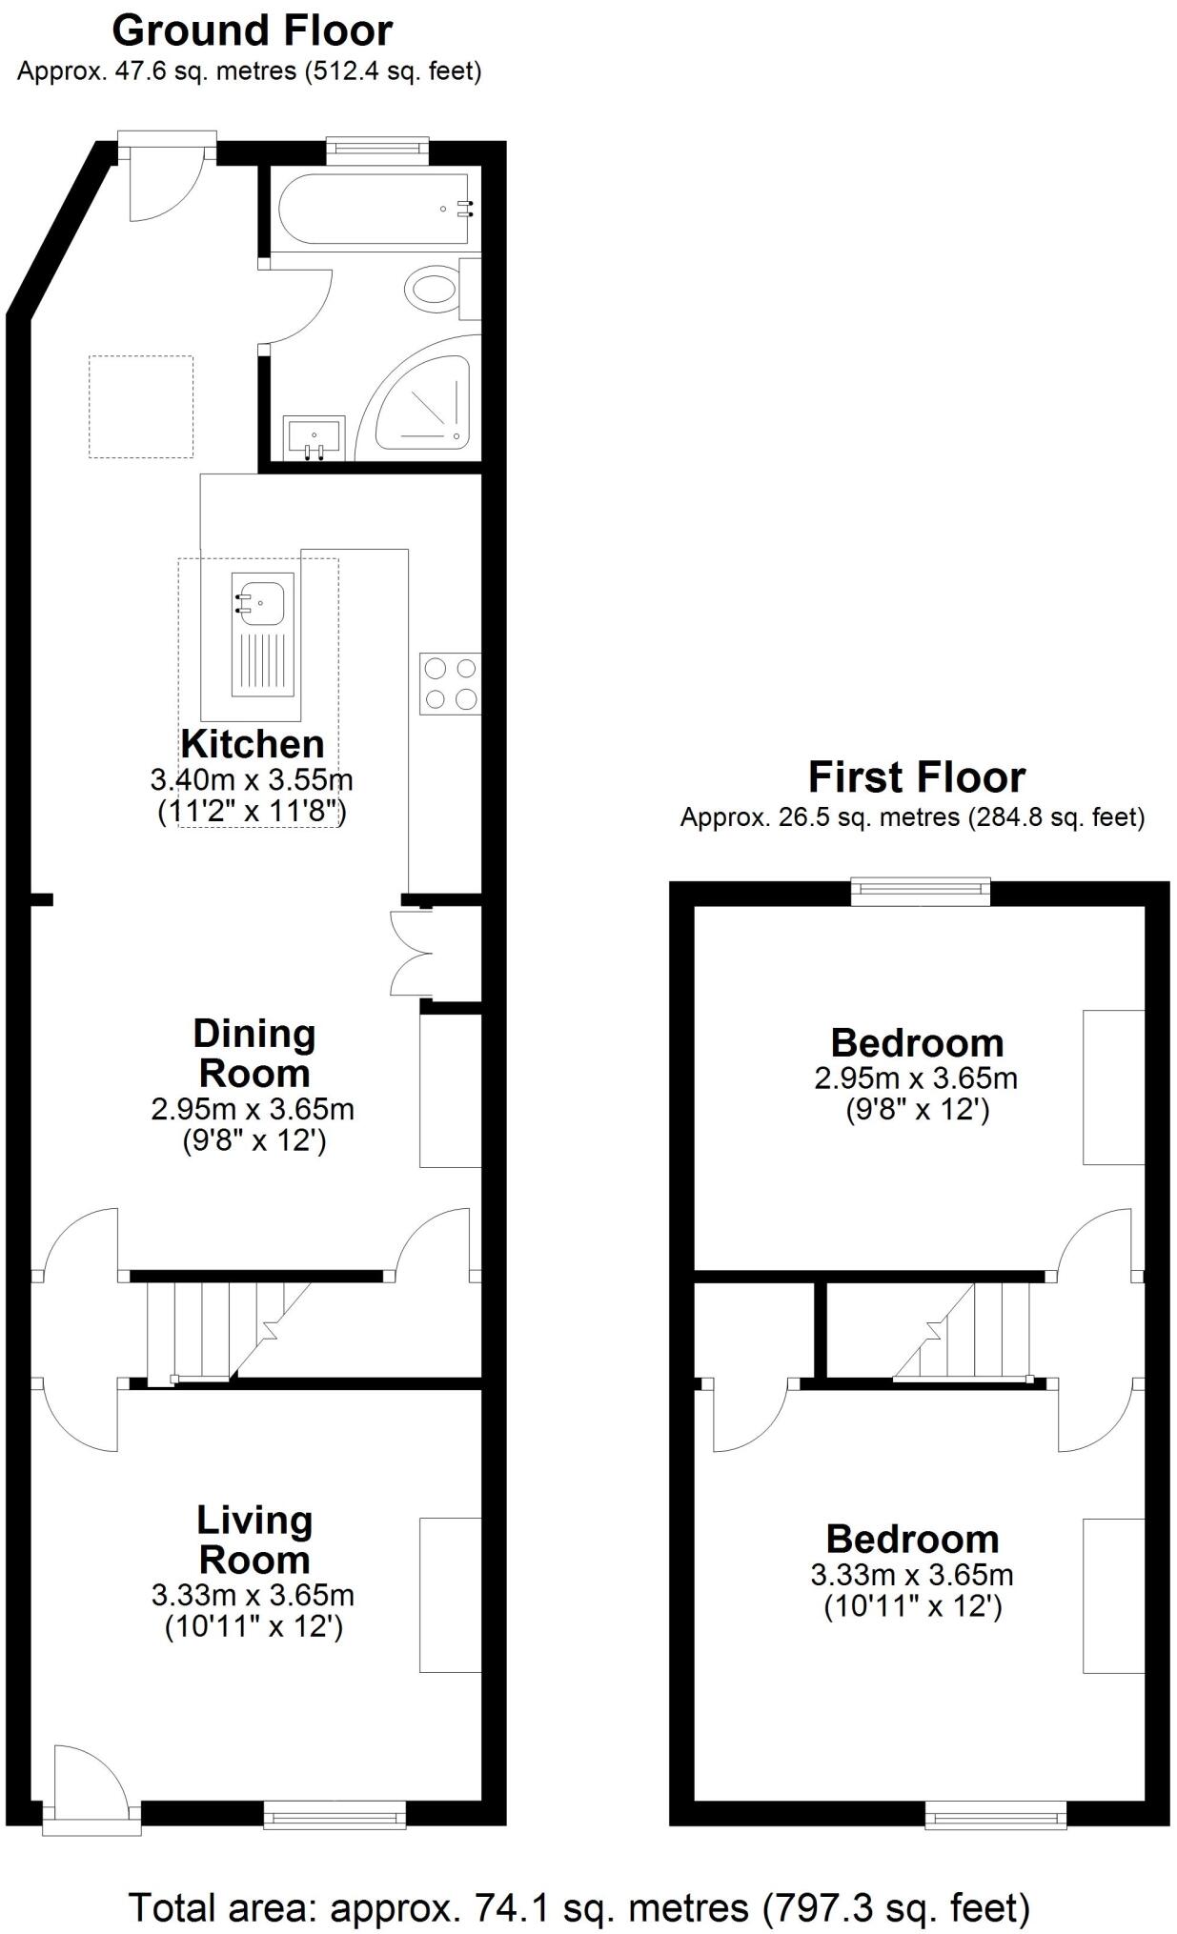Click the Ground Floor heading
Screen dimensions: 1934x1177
252,30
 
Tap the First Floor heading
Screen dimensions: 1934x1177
916,776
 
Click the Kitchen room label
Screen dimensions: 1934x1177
253,743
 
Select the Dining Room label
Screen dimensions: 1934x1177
254,1053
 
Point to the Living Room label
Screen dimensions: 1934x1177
254,1540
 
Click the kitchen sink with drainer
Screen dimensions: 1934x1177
263,635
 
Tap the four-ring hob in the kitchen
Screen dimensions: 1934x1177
451,684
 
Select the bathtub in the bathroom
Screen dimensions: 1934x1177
373,210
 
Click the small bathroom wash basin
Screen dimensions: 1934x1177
314,437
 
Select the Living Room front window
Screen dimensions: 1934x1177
335,1815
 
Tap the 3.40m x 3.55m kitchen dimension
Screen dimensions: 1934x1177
252,780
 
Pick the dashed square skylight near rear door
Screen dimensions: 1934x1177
141,407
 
